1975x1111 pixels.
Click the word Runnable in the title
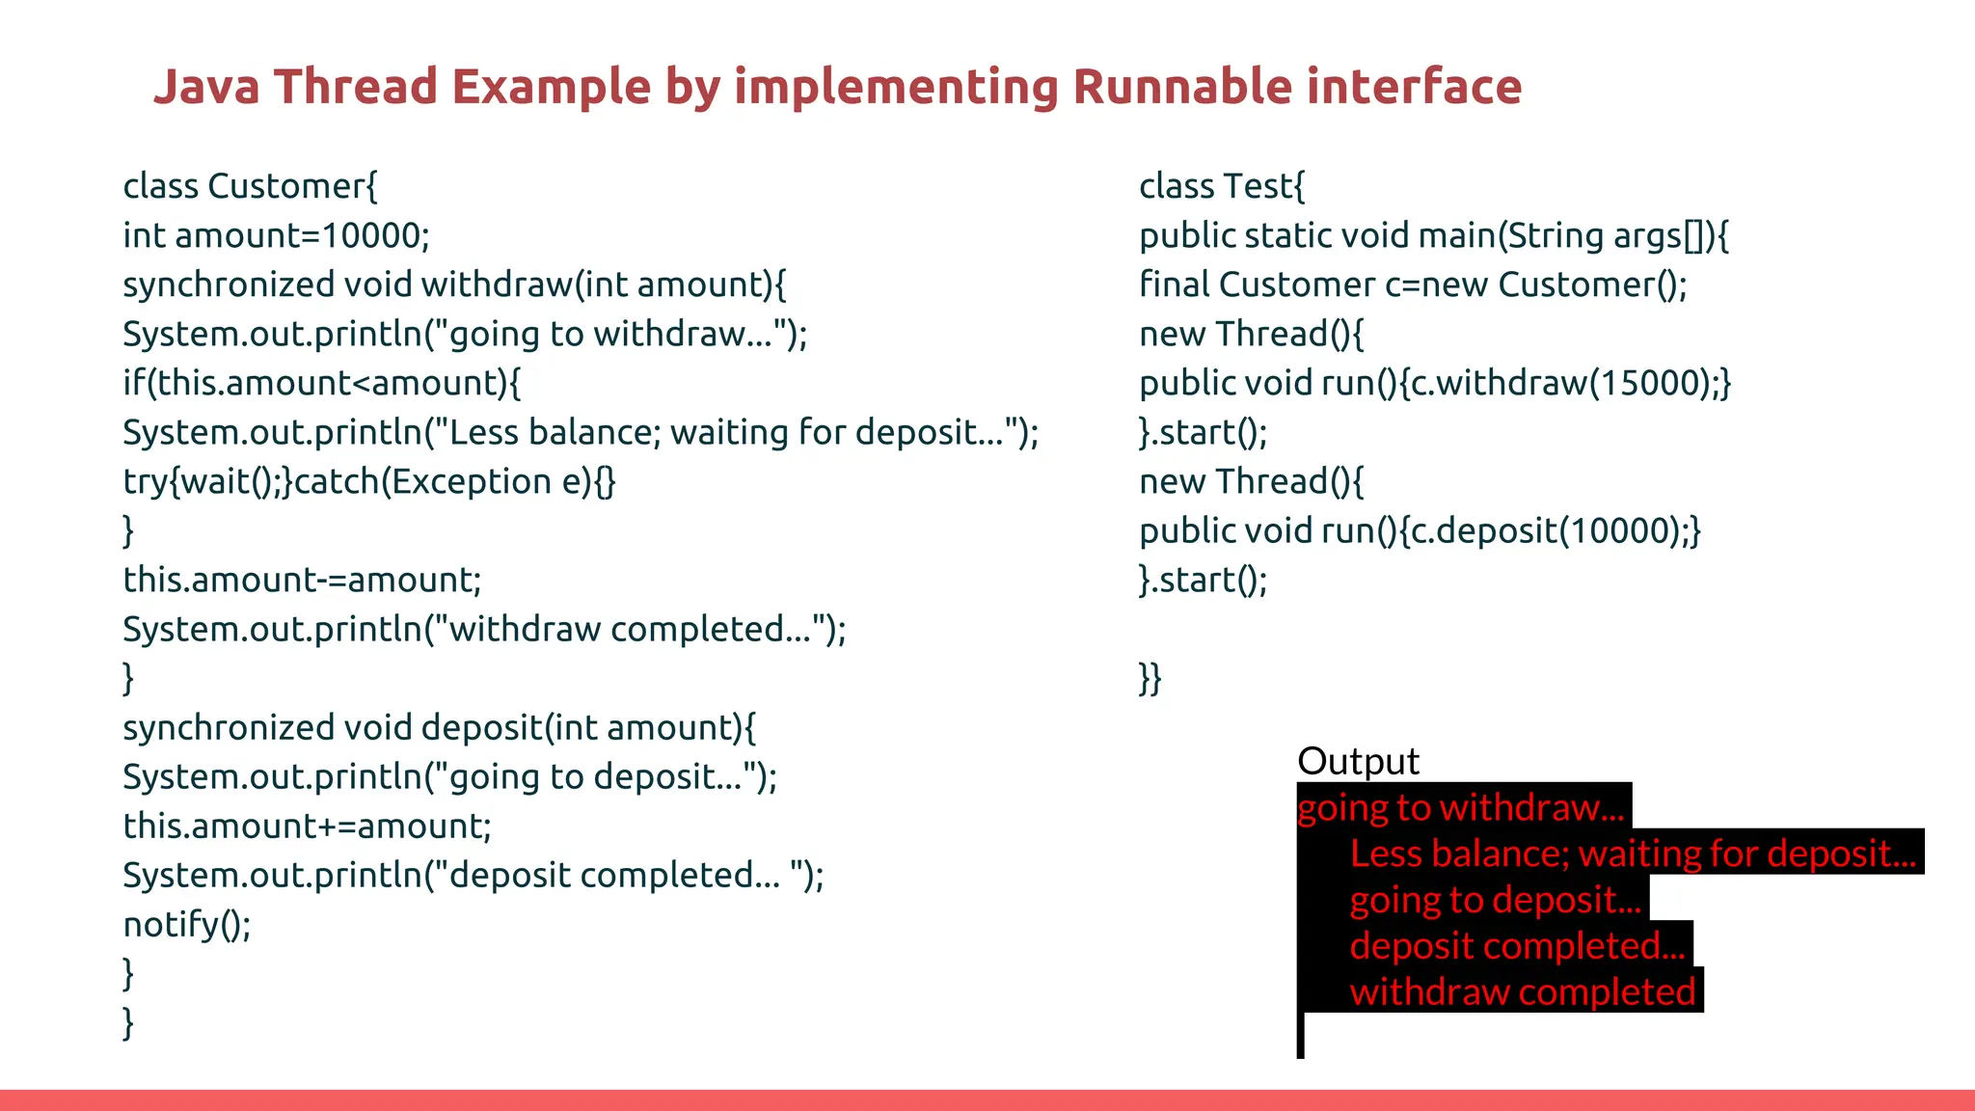click(x=1181, y=87)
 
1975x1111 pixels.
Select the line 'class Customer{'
click(x=250, y=186)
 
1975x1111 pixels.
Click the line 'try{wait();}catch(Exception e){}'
click(x=368, y=481)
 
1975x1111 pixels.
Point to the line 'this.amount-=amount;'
click(x=302, y=580)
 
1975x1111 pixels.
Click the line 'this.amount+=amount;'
click(x=307, y=826)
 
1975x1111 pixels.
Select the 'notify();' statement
click(x=187, y=924)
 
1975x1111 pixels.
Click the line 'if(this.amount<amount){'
click(x=321, y=383)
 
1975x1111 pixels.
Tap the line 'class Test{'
click(x=1221, y=186)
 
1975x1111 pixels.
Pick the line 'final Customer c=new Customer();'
click(x=1413, y=285)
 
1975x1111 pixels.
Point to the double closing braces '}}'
click(x=1150, y=678)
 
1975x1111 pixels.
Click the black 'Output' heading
click(x=1358, y=761)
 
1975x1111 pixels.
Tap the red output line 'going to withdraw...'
click(x=1460, y=807)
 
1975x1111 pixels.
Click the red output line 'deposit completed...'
click(x=1517, y=946)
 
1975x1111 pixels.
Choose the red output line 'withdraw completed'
click(x=1522, y=992)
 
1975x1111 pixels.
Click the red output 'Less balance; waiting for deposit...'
click(x=1632, y=854)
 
